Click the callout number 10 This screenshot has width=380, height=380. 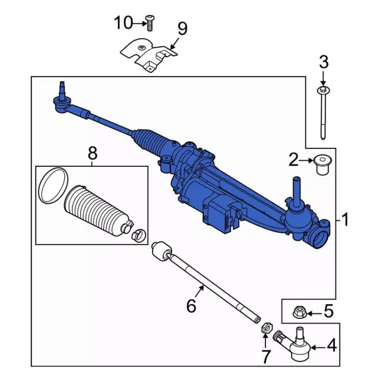[x=124, y=23]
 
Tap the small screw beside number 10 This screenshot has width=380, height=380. [x=150, y=23]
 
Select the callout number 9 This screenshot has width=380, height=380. [x=182, y=28]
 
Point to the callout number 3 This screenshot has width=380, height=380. [x=324, y=62]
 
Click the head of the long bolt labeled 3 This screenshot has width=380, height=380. [x=324, y=90]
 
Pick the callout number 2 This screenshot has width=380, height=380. [x=294, y=160]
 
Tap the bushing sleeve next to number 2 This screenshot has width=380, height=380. [x=323, y=165]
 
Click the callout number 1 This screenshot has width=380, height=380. [x=344, y=219]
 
